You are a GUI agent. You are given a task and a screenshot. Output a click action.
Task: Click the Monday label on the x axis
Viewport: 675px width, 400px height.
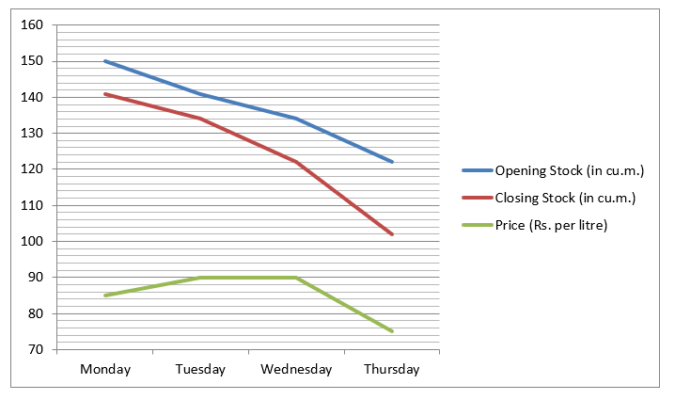(105, 370)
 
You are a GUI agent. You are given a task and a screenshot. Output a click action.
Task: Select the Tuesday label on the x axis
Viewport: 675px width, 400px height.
(200, 370)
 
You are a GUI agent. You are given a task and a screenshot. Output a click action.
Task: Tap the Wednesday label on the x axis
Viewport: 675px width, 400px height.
(296, 370)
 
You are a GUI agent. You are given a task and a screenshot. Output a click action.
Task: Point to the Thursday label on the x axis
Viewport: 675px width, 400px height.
(391, 370)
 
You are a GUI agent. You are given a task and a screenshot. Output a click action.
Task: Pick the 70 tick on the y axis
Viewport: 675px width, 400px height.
(36, 349)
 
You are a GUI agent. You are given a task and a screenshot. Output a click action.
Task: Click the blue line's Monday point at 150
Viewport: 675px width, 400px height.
(105, 61)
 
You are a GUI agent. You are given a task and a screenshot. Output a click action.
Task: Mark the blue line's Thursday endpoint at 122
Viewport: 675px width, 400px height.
(391, 162)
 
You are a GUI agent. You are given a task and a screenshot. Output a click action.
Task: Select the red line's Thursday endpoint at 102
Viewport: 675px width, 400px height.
(391, 234)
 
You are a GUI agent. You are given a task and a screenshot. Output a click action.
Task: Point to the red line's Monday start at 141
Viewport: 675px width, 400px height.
(105, 94)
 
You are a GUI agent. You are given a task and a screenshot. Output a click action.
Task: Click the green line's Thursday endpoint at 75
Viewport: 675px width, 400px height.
(391, 331)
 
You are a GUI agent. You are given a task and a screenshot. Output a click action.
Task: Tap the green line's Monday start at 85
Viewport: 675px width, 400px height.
(105, 296)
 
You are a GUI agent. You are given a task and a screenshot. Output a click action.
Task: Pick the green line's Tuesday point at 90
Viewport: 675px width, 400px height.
(200, 278)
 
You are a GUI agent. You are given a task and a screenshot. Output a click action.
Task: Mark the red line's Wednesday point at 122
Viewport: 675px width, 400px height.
(296, 162)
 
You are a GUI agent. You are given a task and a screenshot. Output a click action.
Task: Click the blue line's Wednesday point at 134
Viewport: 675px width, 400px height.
(296, 119)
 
